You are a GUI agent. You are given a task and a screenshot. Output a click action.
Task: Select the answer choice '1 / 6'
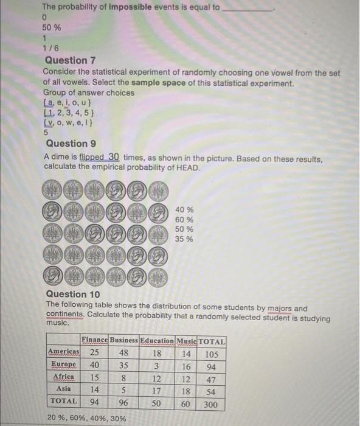[x=50, y=48]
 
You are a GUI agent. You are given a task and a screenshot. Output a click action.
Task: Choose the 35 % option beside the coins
[x=184, y=239]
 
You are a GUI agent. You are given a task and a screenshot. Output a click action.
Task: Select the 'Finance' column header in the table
[x=94, y=341]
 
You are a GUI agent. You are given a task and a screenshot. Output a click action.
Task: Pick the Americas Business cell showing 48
[x=123, y=353]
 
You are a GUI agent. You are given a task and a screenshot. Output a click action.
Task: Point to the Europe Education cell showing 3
[x=156, y=365]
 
